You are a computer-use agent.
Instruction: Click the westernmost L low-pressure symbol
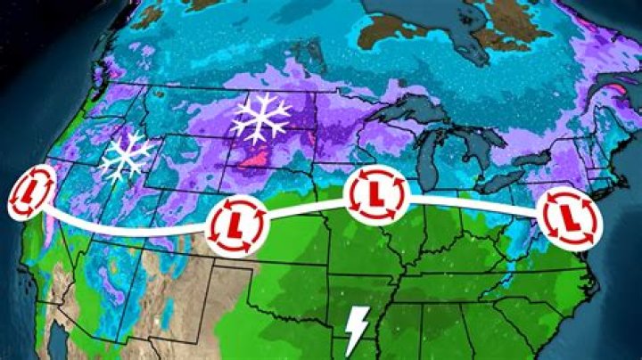pos(32,191)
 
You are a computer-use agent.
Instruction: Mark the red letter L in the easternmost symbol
pos(568,215)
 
